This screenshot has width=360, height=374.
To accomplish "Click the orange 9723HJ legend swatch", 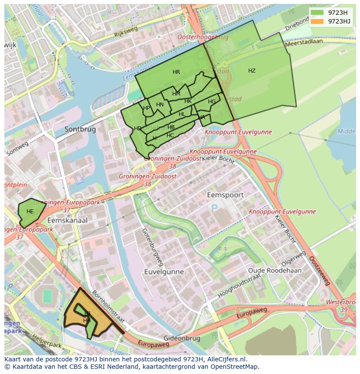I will tap(318, 21).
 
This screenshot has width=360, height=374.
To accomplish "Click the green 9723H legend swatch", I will tap(318, 13).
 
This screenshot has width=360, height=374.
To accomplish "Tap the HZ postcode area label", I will tap(252, 71).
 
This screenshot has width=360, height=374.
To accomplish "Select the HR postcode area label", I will tap(176, 72).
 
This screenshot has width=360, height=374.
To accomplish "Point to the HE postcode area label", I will tap(30, 212).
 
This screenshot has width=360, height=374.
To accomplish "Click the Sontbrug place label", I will tap(80, 129).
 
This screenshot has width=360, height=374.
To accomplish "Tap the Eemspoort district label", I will tap(225, 195).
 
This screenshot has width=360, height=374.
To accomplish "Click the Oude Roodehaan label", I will tap(274, 270).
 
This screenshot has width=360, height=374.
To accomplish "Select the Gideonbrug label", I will tap(182, 338).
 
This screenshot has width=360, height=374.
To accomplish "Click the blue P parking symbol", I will tap(214, 208).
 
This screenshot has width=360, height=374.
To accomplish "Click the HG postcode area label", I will tap(212, 102).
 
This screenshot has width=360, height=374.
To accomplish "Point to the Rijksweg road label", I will tap(126, 31).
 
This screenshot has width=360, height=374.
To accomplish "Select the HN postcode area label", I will tap(160, 105).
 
